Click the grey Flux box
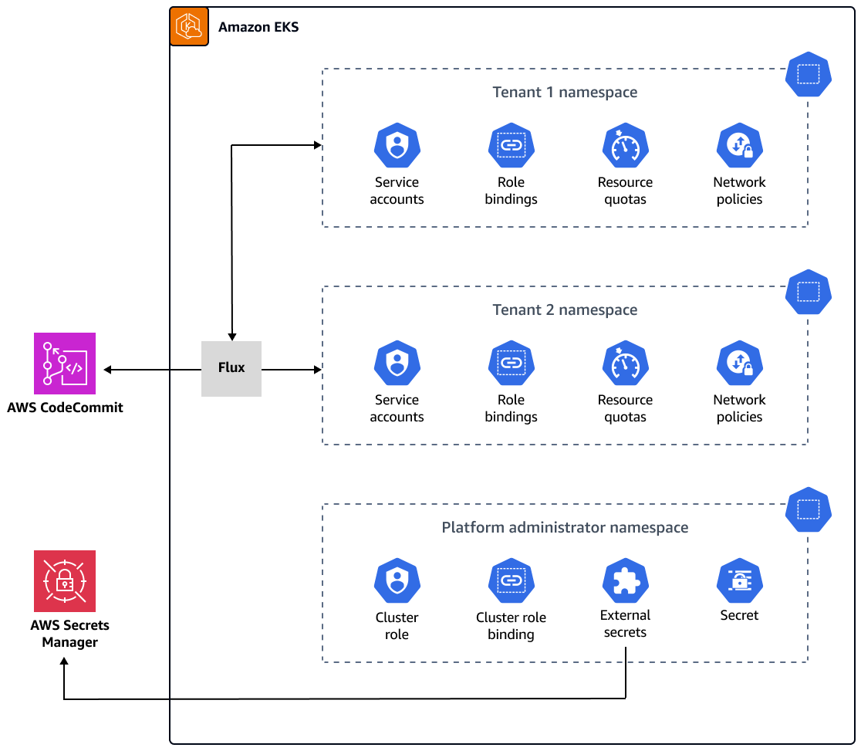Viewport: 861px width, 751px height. pyautogui.click(x=231, y=368)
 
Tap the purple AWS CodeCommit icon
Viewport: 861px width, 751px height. pyautogui.click(x=65, y=364)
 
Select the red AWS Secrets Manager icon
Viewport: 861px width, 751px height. pyautogui.click(x=65, y=581)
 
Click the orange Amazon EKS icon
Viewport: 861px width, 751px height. pyautogui.click(x=189, y=27)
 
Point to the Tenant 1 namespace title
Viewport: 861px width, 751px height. pyautogui.click(x=565, y=93)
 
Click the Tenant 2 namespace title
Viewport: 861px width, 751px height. pyautogui.click(x=565, y=310)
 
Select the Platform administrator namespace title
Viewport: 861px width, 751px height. pyautogui.click(x=565, y=528)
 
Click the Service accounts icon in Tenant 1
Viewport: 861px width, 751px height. pyautogui.click(x=397, y=146)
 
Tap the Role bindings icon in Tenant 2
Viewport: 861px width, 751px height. pyautogui.click(x=511, y=364)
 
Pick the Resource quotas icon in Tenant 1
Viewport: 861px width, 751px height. pyautogui.click(x=625, y=146)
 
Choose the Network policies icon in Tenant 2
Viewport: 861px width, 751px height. pyautogui.click(x=739, y=364)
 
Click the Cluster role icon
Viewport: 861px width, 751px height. pyautogui.click(x=397, y=581)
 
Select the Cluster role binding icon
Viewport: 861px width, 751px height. pyautogui.click(x=511, y=581)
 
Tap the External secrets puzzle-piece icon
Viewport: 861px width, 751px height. pyautogui.click(x=625, y=581)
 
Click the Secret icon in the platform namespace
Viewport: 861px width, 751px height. pyautogui.click(x=739, y=581)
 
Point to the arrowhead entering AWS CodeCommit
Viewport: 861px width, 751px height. pyautogui.click(x=108, y=370)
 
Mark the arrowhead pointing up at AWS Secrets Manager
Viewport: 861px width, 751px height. pyautogui.click(x=64, y=668)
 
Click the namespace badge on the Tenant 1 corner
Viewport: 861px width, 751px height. pyautogui.click(x=808, y=75)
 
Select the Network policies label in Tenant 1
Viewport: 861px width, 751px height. pyautogui.click(x=739, y=191)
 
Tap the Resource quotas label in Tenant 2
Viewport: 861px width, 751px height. pyautogui.click(x=625, y=408)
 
